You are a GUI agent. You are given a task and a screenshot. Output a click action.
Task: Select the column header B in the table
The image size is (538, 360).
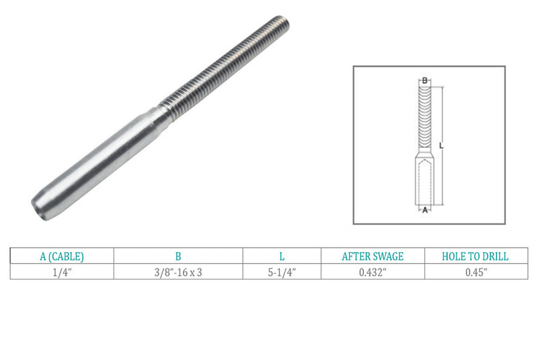(178, 256)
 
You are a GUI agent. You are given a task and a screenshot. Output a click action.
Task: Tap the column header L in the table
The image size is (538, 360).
(281, 256)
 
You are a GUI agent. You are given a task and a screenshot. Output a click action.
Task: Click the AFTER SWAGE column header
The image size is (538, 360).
(373, 256)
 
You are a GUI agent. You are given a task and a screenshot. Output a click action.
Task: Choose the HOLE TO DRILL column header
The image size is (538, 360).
(475, 256)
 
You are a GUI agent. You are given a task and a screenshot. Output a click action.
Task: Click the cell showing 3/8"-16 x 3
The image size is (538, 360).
(178, 271)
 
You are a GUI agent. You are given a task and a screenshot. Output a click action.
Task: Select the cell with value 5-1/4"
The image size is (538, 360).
(281, 271)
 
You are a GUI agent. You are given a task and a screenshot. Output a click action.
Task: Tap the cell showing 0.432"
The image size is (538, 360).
(373, 271)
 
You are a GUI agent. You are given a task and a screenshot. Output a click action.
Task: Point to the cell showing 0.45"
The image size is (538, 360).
(475, 271)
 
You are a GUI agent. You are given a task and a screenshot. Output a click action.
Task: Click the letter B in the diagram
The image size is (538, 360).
(424, 81)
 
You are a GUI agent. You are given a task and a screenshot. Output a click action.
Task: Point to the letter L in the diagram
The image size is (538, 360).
(440, 145)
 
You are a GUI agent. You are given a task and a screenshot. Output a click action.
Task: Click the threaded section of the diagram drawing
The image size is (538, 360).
(424, 121)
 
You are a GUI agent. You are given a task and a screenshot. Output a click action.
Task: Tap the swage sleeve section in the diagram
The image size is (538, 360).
(424, 180)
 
